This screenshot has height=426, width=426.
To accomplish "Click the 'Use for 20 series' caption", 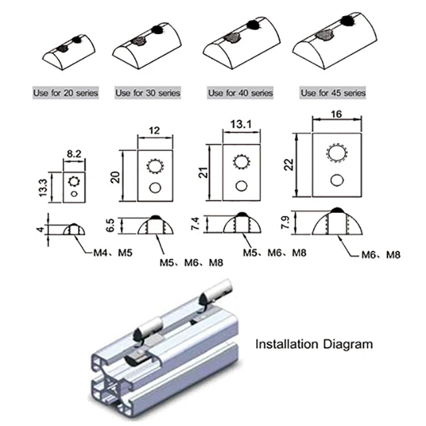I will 66,93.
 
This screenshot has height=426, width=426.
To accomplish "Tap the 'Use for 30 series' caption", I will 147,93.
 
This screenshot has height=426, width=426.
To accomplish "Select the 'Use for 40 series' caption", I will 240,93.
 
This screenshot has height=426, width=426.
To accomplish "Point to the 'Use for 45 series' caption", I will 332,93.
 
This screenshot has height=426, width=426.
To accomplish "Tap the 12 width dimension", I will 155,131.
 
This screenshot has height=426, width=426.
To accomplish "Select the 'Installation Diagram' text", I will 315,345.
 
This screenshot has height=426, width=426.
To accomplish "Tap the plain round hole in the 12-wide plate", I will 155,188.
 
